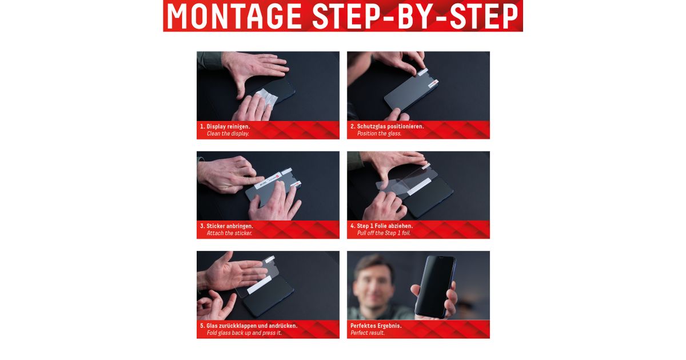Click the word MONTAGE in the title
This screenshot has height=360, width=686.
click(x=234, y=16)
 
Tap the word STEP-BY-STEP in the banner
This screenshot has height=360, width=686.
click(x=415, y=16)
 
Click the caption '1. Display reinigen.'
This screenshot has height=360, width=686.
click(x=225, y=126)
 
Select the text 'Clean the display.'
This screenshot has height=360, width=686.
click(x=228, y=134)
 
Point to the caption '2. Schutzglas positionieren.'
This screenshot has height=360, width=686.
click(x=387, y=126)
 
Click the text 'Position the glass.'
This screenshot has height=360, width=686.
click(x=379, y=134)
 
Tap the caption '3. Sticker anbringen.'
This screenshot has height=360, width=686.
click(x=226, y=226)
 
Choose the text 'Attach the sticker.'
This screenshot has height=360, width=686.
click(x=229, y=233)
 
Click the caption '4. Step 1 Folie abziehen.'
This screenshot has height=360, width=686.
click(x=382, y=226)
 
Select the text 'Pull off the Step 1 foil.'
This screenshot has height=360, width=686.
click(x=384, y=233)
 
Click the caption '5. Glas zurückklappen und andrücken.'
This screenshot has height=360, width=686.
click(x=249, y=326)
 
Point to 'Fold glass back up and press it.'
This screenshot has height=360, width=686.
click(x=244, y=333)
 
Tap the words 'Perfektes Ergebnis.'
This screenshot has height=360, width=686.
click(x=376, y=326)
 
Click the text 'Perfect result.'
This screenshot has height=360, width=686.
click(x=368, y=333)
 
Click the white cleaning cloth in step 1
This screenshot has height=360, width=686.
click(x=266, y=97)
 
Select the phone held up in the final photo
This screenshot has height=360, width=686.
click(x=435, y=287)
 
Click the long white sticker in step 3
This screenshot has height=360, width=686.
click(x=268, y=181)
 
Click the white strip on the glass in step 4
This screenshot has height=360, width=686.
click(x=418, y=186)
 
